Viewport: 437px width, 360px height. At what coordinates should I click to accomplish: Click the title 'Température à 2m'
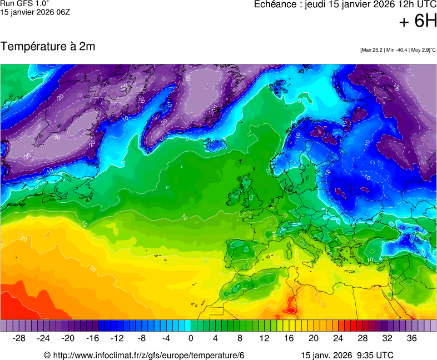click(x=48, y=47)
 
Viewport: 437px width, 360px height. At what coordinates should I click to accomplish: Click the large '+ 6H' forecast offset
click(x=418, y=21)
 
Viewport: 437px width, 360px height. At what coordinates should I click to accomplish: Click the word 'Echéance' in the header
click(x=276, y=4)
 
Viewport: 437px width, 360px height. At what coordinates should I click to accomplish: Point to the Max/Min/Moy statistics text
click(x=398, y=50)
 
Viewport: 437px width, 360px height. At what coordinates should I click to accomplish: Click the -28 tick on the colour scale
click(x=19, y=338)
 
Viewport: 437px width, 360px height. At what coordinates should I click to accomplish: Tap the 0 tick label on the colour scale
click(x=191, y=338)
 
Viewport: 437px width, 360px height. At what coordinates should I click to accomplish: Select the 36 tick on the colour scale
click(x=411, y=338)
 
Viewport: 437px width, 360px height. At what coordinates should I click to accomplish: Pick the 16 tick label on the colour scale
click(x=289, y=338)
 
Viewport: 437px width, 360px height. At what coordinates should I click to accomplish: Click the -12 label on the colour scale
click(x=117, y=338)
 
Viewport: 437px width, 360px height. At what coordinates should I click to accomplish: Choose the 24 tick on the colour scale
click(x=338, y=338)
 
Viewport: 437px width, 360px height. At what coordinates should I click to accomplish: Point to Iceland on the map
click(x=216, y=145)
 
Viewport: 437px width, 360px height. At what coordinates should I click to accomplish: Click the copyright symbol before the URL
click(x=47, y=355)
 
